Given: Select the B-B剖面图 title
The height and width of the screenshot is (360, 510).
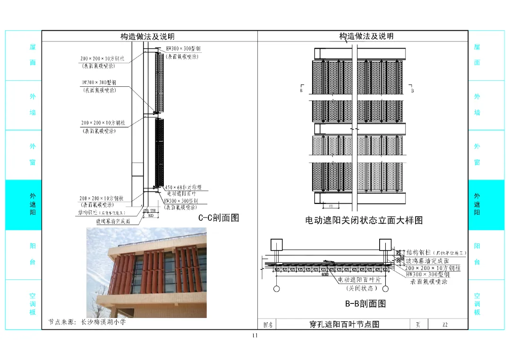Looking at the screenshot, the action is [365, 303].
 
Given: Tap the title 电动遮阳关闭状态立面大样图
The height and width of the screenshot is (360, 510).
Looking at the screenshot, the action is [364, 220].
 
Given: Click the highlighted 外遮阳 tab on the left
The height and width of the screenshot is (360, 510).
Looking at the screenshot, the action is [33, 204].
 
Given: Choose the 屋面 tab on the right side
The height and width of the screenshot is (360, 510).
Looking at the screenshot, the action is [477, 55].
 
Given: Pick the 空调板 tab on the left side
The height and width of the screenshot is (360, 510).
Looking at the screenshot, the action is [33, 304].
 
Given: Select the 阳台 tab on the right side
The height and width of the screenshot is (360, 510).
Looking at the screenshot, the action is [477, 254].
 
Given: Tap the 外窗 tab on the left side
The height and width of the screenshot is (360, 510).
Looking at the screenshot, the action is [33, 154].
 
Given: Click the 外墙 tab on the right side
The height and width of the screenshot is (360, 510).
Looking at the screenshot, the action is [477, 104].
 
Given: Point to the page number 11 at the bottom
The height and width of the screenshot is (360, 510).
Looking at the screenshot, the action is [255, 336].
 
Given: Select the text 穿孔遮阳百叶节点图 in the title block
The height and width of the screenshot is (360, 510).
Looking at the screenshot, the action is [344, 325].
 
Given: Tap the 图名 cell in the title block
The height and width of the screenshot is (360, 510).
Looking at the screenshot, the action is [267, 325].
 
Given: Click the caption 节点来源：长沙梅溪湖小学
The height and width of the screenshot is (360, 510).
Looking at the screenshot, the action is [87, 322].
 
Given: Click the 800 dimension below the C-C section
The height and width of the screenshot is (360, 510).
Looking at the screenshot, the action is [151, 215].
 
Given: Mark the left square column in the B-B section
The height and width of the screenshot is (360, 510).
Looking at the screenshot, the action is [276, 244].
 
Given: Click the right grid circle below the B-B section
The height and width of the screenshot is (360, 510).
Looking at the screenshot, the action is [385, 288].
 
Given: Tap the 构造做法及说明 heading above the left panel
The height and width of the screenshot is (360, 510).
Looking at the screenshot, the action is [147, 36].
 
